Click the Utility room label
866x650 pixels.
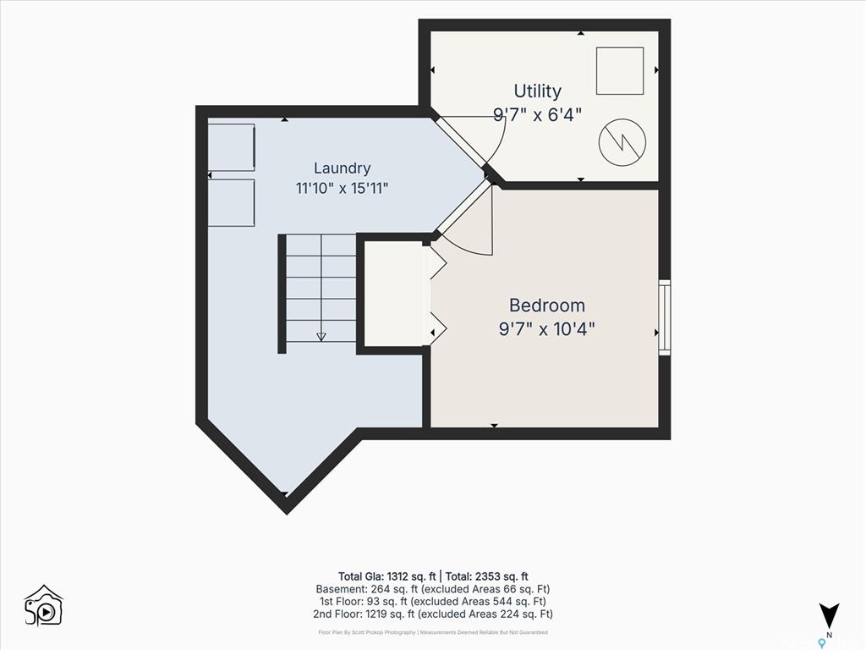(x=537, y=91)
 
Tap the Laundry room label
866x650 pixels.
(x=342, y=168)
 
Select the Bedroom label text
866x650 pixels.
(x=547, y=305)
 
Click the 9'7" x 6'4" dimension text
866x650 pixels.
(x=537, y=114)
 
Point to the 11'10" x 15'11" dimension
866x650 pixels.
(x=342, y=189)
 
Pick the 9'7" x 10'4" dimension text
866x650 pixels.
(x=547, y=329)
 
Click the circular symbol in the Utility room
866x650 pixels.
(x=622, y=142)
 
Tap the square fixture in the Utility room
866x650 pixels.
(x=620, y=71)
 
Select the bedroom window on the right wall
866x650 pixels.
(x=665, y=318)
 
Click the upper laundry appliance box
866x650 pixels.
(x=231, y=147)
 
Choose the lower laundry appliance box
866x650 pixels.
(x=231, y=202)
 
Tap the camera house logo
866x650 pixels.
(x=44, y=606)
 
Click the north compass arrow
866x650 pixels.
(x=829, y=615)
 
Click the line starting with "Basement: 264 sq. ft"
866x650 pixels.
(x=433, y=589)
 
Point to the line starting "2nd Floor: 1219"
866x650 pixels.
(x=433, y=614)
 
